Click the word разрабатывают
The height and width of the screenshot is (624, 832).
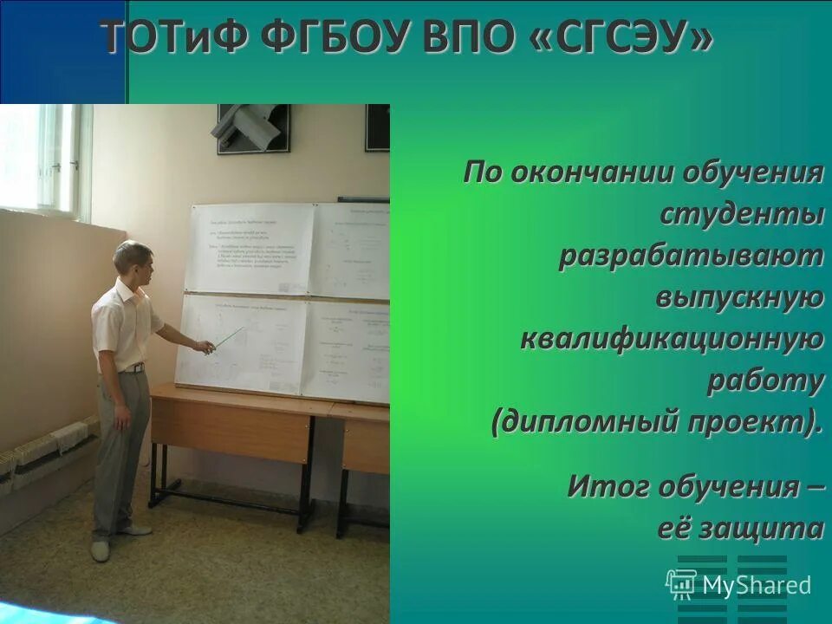691,256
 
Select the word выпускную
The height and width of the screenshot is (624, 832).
738,297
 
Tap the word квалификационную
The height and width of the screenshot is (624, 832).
672,339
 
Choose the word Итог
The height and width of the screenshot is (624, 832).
608,486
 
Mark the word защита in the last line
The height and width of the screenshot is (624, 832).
763,528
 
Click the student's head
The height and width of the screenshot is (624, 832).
133,258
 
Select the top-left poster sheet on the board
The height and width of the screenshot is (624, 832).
250,248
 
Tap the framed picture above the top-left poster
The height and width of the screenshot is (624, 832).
251,128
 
